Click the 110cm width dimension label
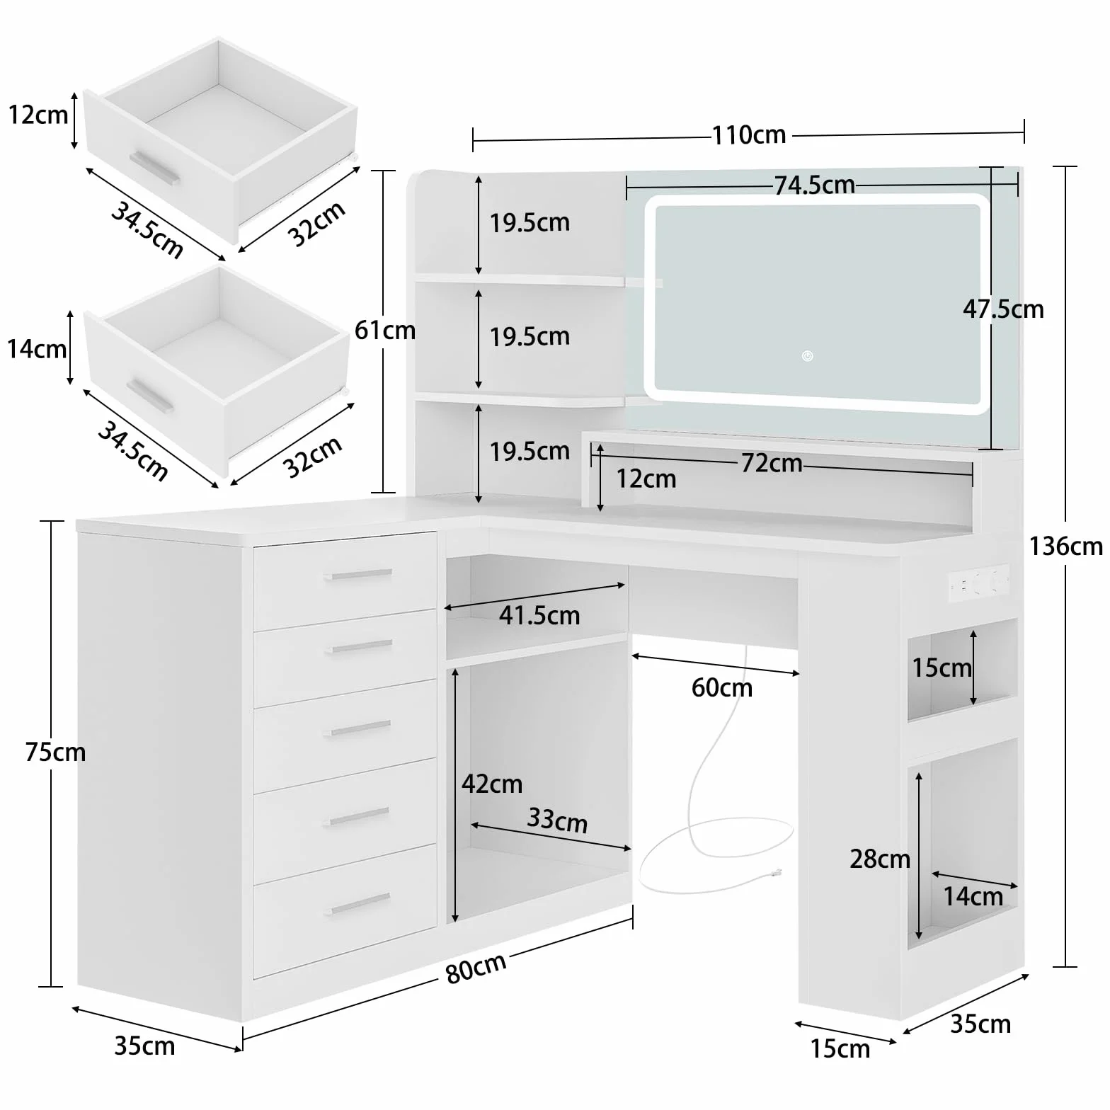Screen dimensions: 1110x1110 [x=749, y=135]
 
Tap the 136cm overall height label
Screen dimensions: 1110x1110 [x=1065, y=546]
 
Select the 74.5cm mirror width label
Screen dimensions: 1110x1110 [x=814, y=185]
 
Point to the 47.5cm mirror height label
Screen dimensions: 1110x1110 [x=1003, y=309]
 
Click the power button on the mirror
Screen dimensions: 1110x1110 [x=808, y=356]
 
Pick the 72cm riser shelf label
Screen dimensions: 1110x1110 [x=772, y=463]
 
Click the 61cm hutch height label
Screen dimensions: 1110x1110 [x=385, y=330]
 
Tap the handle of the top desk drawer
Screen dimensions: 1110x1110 [x=359, y=574]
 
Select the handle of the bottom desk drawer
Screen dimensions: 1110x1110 [x=360, y=903]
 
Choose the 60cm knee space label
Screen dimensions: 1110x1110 [x=722, y=687]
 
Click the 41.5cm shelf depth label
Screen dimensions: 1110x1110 [x=539, y=615]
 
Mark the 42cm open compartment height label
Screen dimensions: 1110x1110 [x=492, y=784]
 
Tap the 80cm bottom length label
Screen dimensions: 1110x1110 [x=476, y=968]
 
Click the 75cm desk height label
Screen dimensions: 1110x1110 [x=55, y=752]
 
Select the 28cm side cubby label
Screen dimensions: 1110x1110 [x=880, y=859]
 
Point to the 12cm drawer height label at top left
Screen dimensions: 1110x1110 [x=38, y=115]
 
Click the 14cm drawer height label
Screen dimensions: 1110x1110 [x=37, y=349]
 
